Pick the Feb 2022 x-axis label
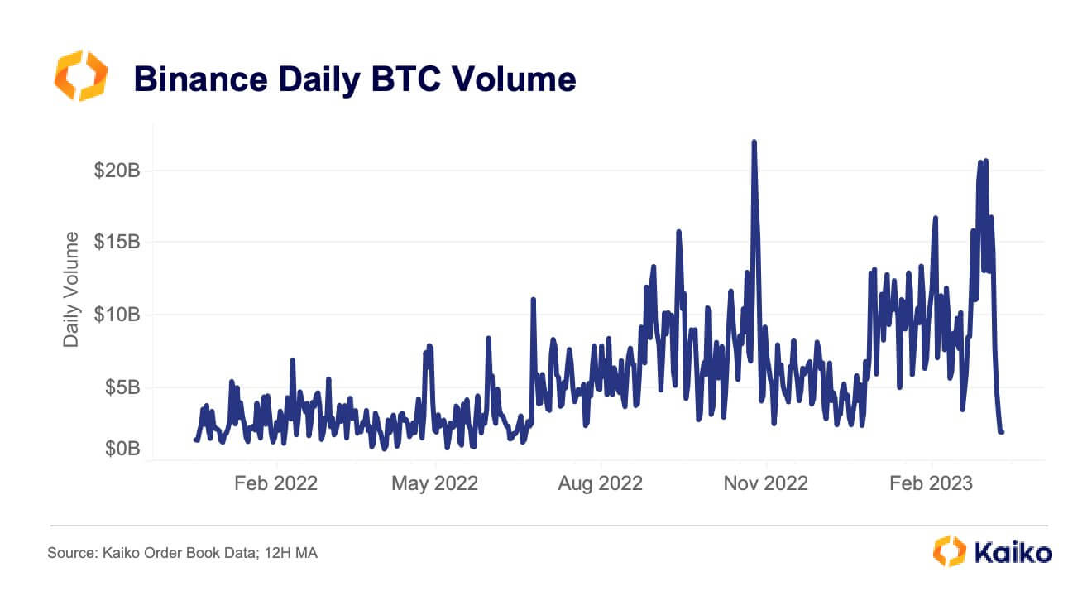[x=275, y=483]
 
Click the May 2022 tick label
[x=433, y=483]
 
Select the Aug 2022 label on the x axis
[x=600, y=483]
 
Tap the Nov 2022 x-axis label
[x=765, y=483]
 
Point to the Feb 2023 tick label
[x=932, y=483]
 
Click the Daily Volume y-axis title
[x=72, y=289]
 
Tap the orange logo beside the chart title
[x=80, y=76]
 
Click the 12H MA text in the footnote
[x=289, y=552]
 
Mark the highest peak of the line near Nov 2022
[x=754, y=142]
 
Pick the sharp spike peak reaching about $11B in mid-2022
[x=534, y=300]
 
